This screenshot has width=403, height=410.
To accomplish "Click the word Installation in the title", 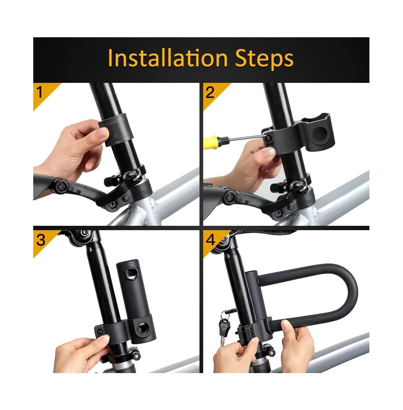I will [168, 58].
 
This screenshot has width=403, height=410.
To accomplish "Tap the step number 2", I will [210, 92].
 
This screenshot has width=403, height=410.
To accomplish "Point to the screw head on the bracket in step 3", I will [100, 331].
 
